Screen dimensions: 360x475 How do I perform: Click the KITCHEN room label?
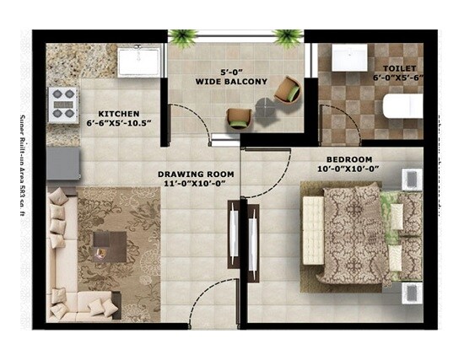tap(118, 114)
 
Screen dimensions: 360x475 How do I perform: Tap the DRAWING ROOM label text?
tap(196, 175)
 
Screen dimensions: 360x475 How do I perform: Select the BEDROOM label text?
tap(349, 159)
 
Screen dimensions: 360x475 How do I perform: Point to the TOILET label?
tap(399, 67)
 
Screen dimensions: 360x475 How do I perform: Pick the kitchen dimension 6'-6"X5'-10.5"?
tap(119, 124)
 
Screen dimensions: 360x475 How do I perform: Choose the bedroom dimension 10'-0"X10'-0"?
tap(349, 169)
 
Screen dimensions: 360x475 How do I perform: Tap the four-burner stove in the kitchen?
tap(64, 102)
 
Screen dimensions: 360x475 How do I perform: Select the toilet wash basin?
tap(349, 57)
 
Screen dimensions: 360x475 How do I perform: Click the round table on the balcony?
tap(266, 107)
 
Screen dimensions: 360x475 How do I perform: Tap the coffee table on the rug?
tap(109, 245)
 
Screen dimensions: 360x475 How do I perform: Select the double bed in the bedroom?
tap(359, 234)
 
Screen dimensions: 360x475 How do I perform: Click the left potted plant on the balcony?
tap(182, 36)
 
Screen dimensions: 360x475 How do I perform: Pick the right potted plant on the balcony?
tap(289, 36)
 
